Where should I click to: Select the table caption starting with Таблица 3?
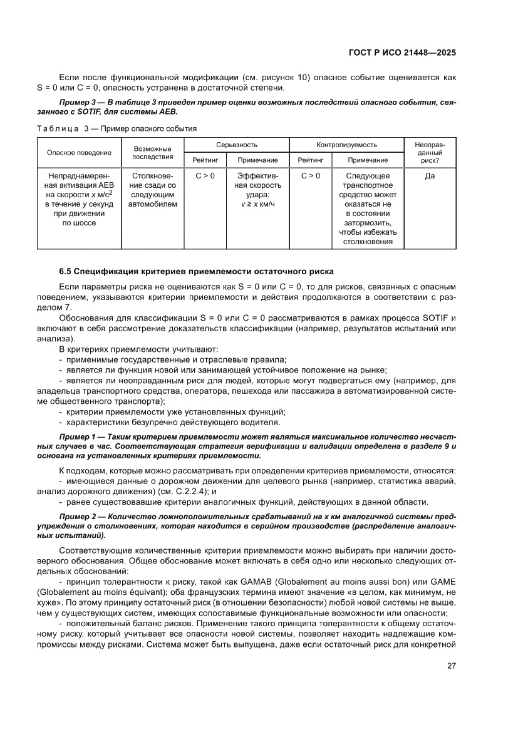click(117, 129)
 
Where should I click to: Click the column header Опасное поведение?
click(79, 152)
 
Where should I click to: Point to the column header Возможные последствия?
click(153, 152)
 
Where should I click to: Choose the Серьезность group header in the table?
click(236, 144)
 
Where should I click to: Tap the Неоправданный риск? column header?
click(430, 152)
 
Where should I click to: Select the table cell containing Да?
click(430, 176)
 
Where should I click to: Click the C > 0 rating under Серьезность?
click(205, 176)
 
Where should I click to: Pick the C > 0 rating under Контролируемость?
click(310, 176)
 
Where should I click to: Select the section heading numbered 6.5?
click(196, 271)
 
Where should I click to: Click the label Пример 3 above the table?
click(78, 101)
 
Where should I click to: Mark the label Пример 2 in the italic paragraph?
click(78, 517)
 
